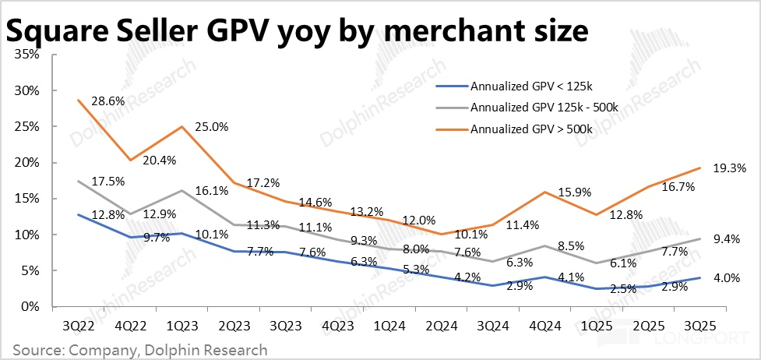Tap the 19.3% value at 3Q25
click(x=729, y=167)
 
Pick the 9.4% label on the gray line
click(x=727, y=239)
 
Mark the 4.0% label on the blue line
click(x=727, y=277)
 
